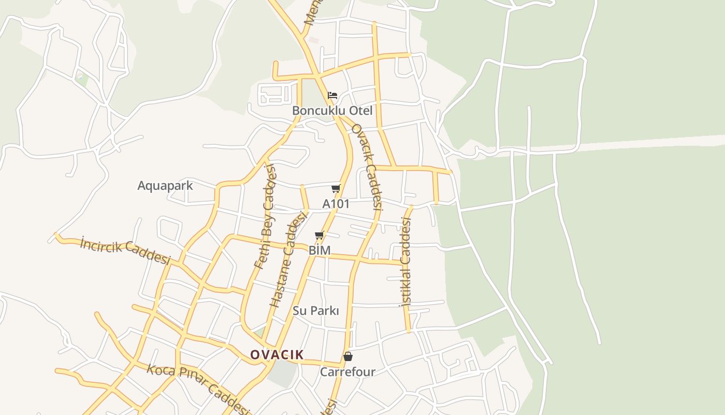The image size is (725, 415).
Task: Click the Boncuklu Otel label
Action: click(332, 110)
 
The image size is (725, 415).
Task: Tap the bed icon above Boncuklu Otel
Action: click(332, 95)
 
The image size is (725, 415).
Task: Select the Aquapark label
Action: click(165, 185)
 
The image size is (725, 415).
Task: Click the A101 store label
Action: click(336, 204)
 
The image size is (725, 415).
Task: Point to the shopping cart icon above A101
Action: click(336, 188)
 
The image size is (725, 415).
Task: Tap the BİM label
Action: click(320, 250)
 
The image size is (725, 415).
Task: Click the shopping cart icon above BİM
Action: click(320, 236)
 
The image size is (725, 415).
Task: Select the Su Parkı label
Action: click(316, 311)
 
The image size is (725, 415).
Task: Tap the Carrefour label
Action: click(347, 372)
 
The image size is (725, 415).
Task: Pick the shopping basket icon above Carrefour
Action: click(348, 356)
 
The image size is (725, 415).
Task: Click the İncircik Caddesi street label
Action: click(125, 251)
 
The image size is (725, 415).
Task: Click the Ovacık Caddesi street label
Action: click(367, 167)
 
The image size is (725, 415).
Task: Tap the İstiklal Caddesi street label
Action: click(405, 261)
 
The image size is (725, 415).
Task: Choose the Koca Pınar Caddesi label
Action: click(198, 386)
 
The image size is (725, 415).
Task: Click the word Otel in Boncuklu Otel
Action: click(360, 110)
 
